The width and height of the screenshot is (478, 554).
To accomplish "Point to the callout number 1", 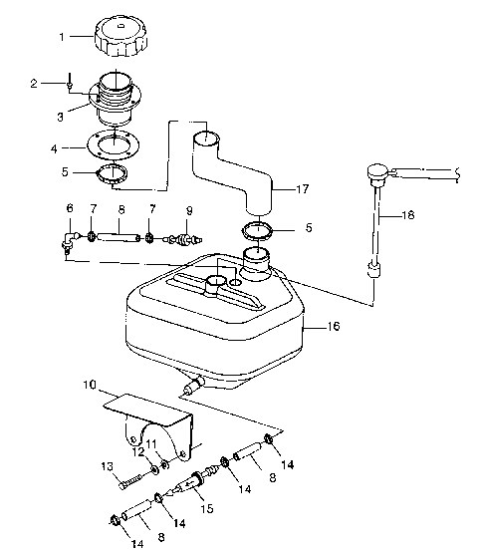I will point(62,38).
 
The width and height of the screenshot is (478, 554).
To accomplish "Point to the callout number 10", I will point(89,384).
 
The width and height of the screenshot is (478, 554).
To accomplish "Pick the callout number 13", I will point(107,466).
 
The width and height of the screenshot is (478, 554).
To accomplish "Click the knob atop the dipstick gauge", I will point(376,171).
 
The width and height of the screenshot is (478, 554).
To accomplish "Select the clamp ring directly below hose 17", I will point(258,233).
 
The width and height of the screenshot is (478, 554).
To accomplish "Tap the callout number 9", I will point(189,211).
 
